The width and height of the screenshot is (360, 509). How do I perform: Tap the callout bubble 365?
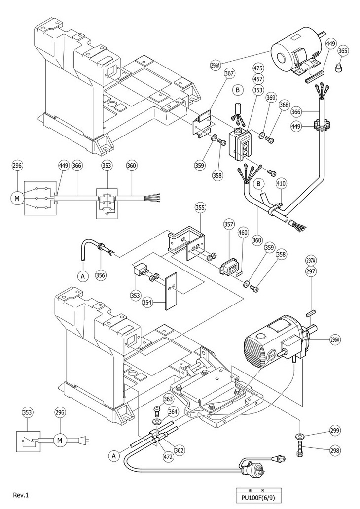coord(343,50)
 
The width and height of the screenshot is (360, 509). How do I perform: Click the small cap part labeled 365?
coord(339,67)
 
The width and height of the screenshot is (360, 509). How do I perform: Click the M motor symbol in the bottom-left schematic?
coord(60,439)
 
